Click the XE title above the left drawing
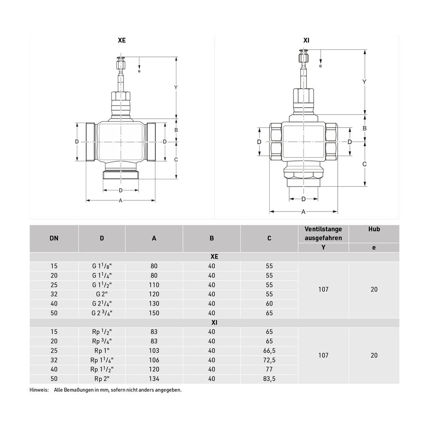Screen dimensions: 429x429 coord(122,40)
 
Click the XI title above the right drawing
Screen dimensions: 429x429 coord(306,40)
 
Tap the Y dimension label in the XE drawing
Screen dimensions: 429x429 coord(176,87)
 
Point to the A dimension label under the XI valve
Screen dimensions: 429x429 coord(303,212)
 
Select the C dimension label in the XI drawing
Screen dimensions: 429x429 coord(364,164)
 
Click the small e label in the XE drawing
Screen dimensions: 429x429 coord(139,71)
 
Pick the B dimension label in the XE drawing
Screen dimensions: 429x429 coord(176,130)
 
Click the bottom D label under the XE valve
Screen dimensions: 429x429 coord(121,190)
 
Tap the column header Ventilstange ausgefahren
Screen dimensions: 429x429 coord(323,234)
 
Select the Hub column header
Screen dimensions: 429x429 coord(374,229)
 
